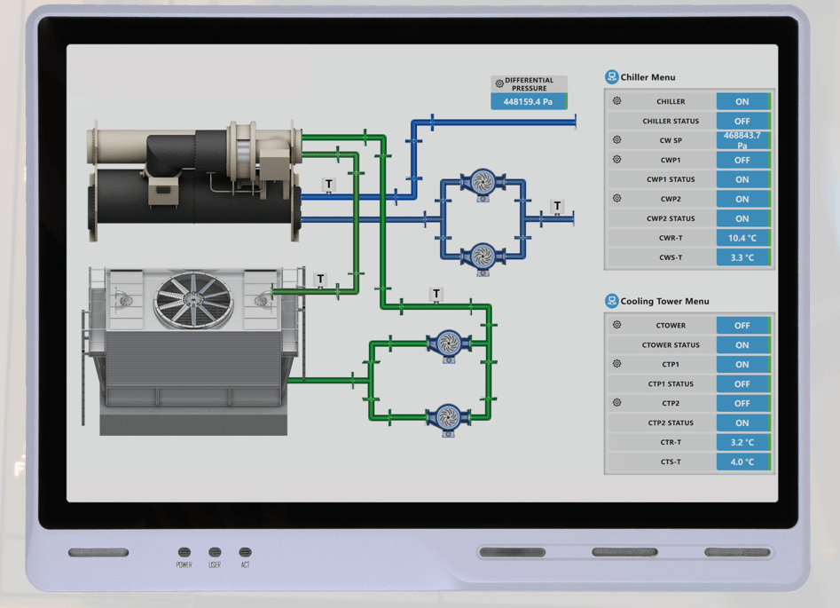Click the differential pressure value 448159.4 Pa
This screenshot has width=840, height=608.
[x=528, y=102]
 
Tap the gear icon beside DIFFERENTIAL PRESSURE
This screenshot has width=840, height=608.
[x=499, y=83]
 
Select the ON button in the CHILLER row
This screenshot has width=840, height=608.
[x=742, y=101]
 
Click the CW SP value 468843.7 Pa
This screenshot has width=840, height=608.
[x=742, y=140]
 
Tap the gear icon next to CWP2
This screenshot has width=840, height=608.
[x=617, y=199]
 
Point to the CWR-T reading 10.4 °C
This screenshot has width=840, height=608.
[x=742, y=238]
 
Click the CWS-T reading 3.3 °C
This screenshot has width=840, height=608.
[x=742, y=257]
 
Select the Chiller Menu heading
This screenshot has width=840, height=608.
[x=648, y=77]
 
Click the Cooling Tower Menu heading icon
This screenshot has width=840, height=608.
[x=611, y=301]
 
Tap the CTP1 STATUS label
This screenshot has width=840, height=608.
[x=671, y=384]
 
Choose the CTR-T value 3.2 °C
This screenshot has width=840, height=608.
[x=742, y=442]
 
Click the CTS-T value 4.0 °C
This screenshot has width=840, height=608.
[x=742, y=462]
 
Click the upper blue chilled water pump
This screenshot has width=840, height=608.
[x=483, y=183]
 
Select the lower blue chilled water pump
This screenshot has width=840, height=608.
[x=483, y=257]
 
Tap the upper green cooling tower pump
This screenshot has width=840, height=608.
[x=449, y=343]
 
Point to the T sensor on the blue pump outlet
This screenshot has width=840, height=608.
[x=557, y=207]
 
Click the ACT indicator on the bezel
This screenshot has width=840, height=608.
[x=245, y=553]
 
